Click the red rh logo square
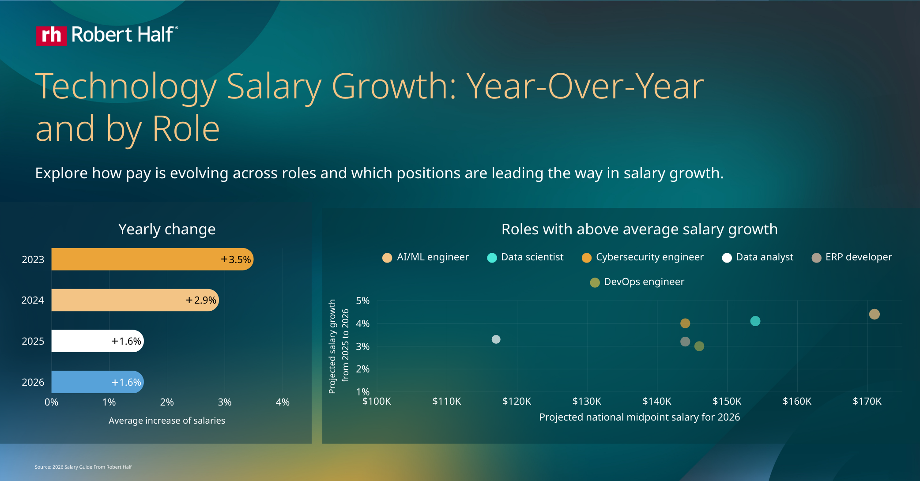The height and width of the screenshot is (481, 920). tap(51, 35)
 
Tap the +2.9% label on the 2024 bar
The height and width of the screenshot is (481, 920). tap(201, 300)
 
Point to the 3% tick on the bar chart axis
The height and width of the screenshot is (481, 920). tap(225, 402)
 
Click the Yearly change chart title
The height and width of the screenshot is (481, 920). tap(167, 229)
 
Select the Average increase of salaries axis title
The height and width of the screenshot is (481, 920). tap(167, 421)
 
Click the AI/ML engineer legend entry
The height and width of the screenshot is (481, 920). tap(426, 257)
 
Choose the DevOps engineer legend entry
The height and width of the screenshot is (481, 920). tap(637, 282)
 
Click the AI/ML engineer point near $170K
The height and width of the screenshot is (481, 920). tap(874, 314)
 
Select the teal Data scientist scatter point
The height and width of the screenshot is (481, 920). tap(755, 321)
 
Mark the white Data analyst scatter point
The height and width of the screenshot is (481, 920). tap(496, 339)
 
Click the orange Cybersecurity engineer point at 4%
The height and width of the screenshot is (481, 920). tap(685, 323)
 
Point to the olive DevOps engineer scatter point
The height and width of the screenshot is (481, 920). tap(699, 346)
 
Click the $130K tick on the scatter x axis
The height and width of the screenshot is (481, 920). tap(587, 401)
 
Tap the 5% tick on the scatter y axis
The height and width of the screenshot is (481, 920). tap(362, 301)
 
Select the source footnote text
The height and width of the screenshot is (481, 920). tap(83, 467)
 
